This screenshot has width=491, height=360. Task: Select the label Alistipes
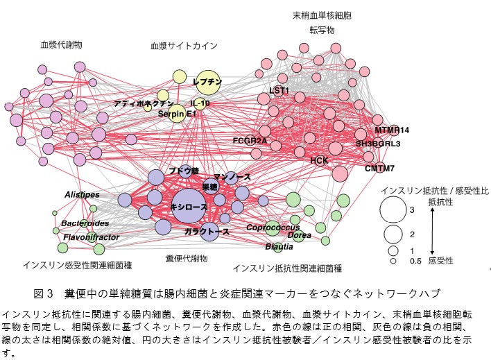click(83, 195)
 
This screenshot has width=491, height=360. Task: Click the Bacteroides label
click(85, 223)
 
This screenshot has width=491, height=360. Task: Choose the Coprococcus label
click(273, 228)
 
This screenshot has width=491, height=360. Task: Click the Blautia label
click(279, 246)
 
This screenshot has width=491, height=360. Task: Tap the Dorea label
click(300, 236)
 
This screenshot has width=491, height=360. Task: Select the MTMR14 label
click(393, 130)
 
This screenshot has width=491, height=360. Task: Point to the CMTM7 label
click(379, 169)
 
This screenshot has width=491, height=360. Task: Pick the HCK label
click(319, 160)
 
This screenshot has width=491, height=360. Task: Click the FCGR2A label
click(250, 141)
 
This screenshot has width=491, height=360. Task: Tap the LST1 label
click(279, 91)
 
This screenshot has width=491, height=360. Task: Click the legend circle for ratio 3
click(393, 209)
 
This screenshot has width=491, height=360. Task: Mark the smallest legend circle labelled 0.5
click(393, 261)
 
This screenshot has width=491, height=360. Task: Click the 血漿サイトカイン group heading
click(184, 46)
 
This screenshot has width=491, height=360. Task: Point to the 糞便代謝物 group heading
click(187, 259)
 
